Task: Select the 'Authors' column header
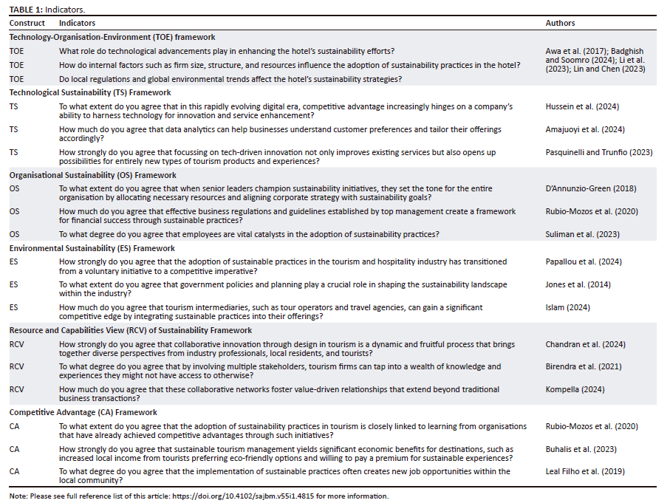tap(560, 24)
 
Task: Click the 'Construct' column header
tap(27, 24)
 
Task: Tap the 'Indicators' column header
tap(77, 24)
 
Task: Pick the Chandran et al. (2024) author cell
tap(581, 344)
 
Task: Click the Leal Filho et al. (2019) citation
tap(581, 471)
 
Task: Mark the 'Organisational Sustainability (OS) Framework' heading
tap(92, 176)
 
